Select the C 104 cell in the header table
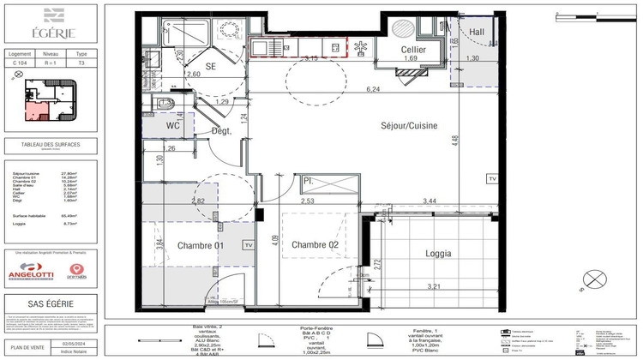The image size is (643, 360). coord(20,63)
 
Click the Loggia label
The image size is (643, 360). coord(438,254)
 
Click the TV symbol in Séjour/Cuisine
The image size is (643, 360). coord(491,178)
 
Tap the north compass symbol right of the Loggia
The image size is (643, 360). coord(593,279)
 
